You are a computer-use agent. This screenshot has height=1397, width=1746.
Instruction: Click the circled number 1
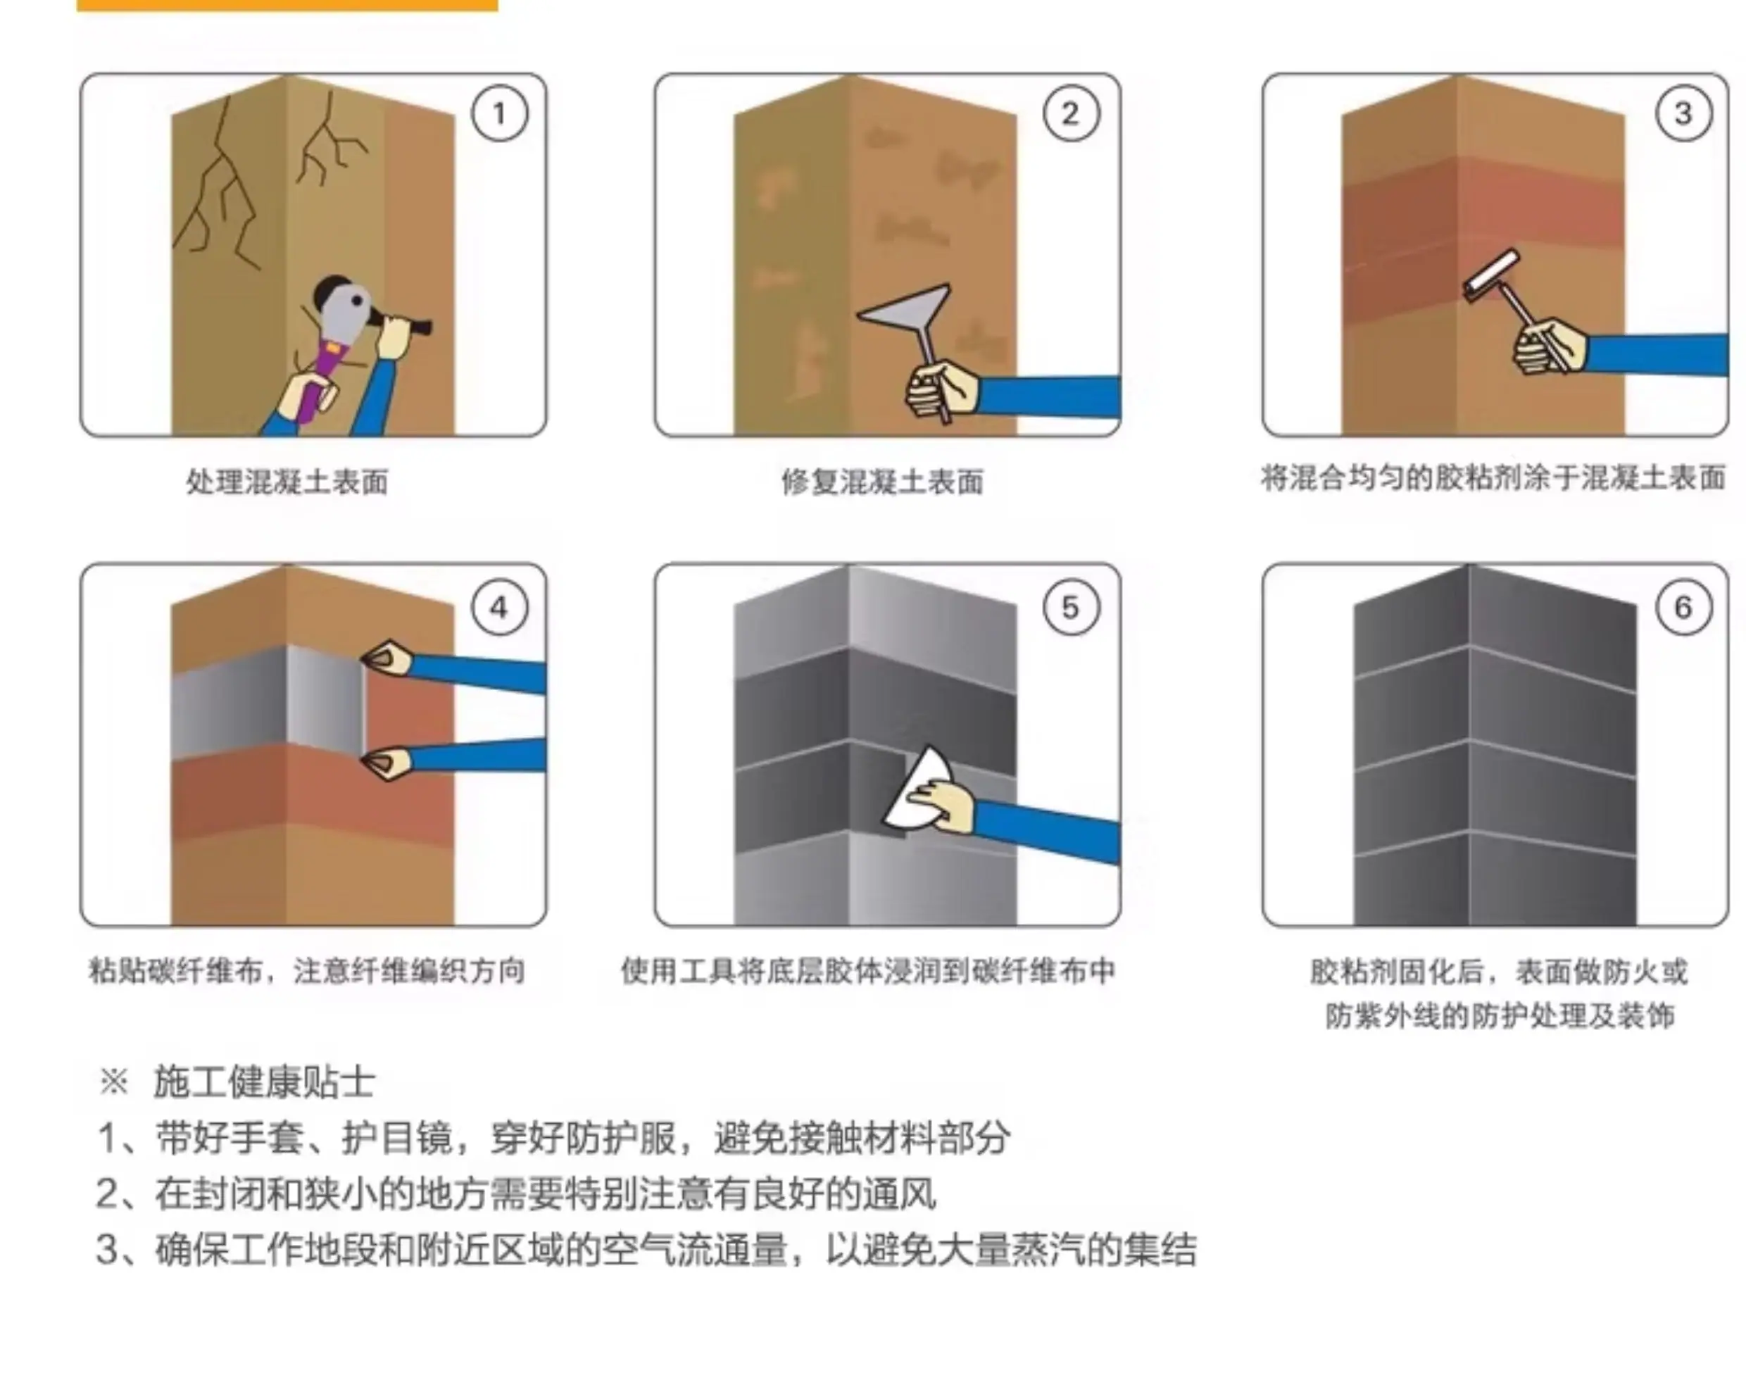[500, 113]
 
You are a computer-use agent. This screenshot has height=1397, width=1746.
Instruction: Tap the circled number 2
[1071, 113]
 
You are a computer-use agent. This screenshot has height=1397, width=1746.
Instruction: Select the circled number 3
[1683, 113]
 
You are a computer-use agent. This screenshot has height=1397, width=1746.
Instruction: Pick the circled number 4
[500, 608]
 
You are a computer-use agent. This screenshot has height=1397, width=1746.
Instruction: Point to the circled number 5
[1071, 608]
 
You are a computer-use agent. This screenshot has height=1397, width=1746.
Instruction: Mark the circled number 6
[1683, 608]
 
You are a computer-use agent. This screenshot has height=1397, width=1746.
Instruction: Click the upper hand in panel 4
[387, 658]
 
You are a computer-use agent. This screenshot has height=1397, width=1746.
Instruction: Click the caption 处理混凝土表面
[287, 482]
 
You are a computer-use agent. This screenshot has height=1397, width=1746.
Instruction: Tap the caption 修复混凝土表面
[883, 482]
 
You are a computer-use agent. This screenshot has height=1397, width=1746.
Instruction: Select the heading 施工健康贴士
[265, 1082]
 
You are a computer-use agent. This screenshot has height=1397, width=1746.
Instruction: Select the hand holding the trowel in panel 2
[942, 389]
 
